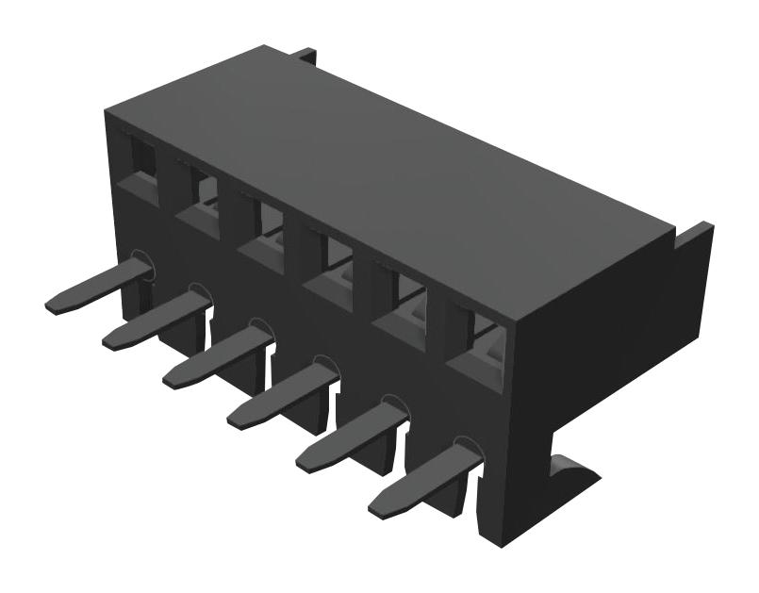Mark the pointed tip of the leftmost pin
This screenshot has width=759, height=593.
coord(52,306)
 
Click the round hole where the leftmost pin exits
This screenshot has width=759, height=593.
coord(141,264)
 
